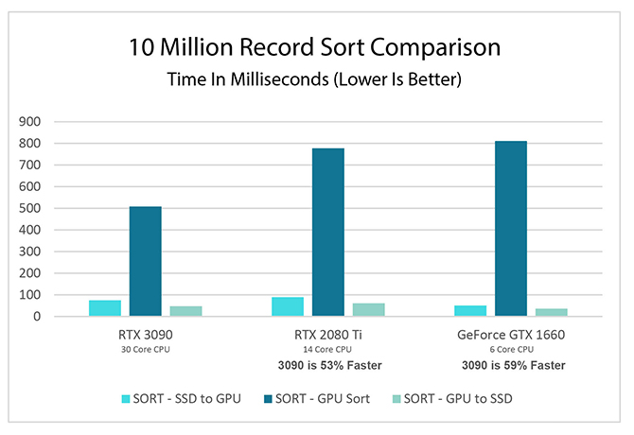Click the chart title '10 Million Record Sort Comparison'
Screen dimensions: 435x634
coord(316,47)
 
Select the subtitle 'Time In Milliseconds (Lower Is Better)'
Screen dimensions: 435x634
coord(316,80)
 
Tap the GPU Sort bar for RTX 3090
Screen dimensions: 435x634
coord(146,261)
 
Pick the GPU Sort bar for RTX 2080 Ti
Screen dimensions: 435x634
coord(328,232)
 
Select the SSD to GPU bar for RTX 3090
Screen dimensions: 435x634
coord(105,307)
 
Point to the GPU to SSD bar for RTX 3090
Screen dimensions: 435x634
coord(185,311)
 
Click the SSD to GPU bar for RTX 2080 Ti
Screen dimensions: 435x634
coord(288,306)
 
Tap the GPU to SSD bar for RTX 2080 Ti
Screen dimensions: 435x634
coord(368,309)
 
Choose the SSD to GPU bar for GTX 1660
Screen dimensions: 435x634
coord(470,311)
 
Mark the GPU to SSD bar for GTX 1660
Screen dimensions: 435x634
coord(551,312)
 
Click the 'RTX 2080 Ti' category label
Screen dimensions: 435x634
coord(328,336)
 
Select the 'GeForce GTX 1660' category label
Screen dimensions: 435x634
coord(511,336)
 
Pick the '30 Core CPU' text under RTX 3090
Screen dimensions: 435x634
coord(146,350)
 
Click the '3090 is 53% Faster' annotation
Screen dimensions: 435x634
coord(328,365)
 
